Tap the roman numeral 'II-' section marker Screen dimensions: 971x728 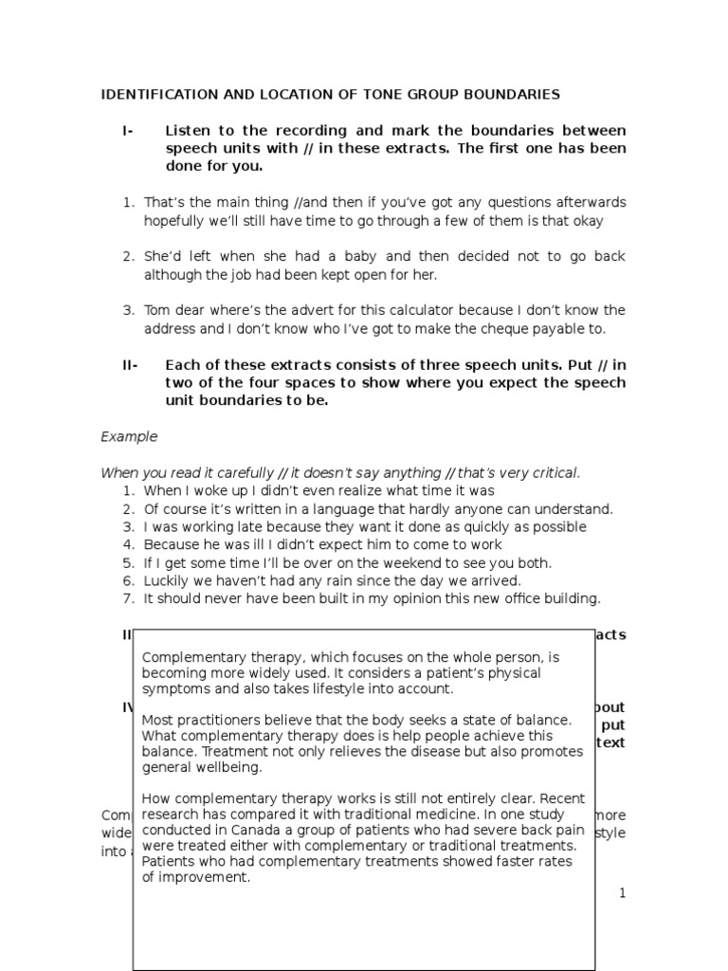129,365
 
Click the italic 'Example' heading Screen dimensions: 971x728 128,437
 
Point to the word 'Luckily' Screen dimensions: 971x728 167,580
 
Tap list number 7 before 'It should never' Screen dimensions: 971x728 127,598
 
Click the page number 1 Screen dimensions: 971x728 622,893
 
